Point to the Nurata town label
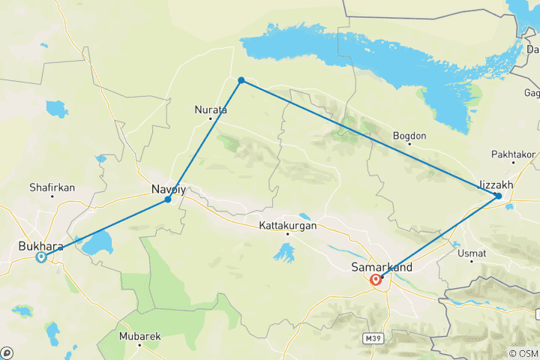click(x=210, y=109)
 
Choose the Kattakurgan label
click(x=287, y=225)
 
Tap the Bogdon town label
click(x=409, y=136)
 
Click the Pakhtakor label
click(x=513, y=154)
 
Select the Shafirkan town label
click(x=52, y=187)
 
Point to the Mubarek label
click(x=139, y=337)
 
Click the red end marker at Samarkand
click(x=376, y=280)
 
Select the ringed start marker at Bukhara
click(x=41, y=257)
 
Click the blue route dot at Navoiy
click(x=168, y=199)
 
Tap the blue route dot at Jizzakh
click(x=498, y=196)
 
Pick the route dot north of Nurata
click(x=241, y=80)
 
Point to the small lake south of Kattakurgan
click(x=284, y=253)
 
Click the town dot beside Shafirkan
click(x=52, y=196)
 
